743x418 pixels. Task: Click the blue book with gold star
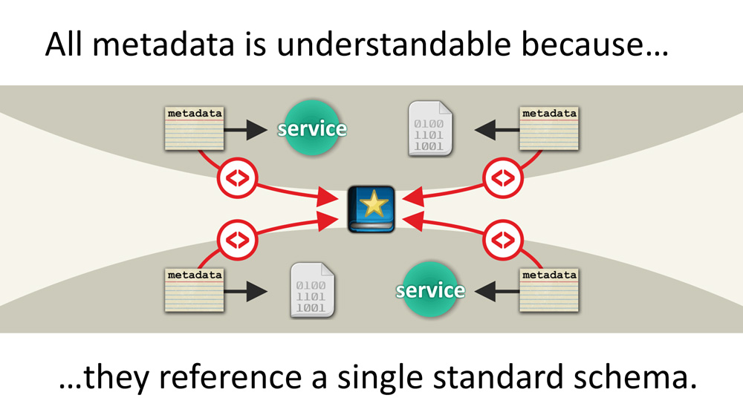371,208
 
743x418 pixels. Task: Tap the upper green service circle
312,129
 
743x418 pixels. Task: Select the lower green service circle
430,290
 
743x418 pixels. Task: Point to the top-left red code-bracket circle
237,178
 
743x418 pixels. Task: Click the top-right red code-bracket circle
504,178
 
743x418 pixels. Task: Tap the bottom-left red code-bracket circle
237,240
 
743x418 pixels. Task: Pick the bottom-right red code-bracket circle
504,240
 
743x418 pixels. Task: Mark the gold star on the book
371,204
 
